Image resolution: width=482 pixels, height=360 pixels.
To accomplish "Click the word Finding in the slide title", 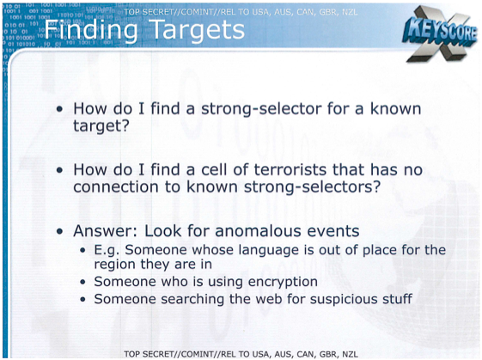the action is [91, 31].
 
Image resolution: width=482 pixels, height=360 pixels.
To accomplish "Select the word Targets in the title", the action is [198, 30].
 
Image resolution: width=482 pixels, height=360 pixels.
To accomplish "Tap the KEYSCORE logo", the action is [441, 34].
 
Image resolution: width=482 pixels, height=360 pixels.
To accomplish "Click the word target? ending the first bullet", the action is [101, 126].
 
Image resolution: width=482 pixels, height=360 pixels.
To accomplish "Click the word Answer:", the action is [105, 231].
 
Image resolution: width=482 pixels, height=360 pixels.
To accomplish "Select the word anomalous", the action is [258, 231].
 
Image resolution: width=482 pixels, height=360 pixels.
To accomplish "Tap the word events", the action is [333, 231].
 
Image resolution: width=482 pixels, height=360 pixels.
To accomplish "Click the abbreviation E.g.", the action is [107, 250].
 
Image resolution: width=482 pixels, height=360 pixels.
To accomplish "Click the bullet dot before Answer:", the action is [59, 231].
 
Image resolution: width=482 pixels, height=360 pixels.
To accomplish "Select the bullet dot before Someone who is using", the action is [82, 282].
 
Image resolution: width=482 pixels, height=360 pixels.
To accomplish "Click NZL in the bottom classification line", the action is [351, 354].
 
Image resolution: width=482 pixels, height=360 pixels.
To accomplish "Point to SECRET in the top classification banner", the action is [156, 12].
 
